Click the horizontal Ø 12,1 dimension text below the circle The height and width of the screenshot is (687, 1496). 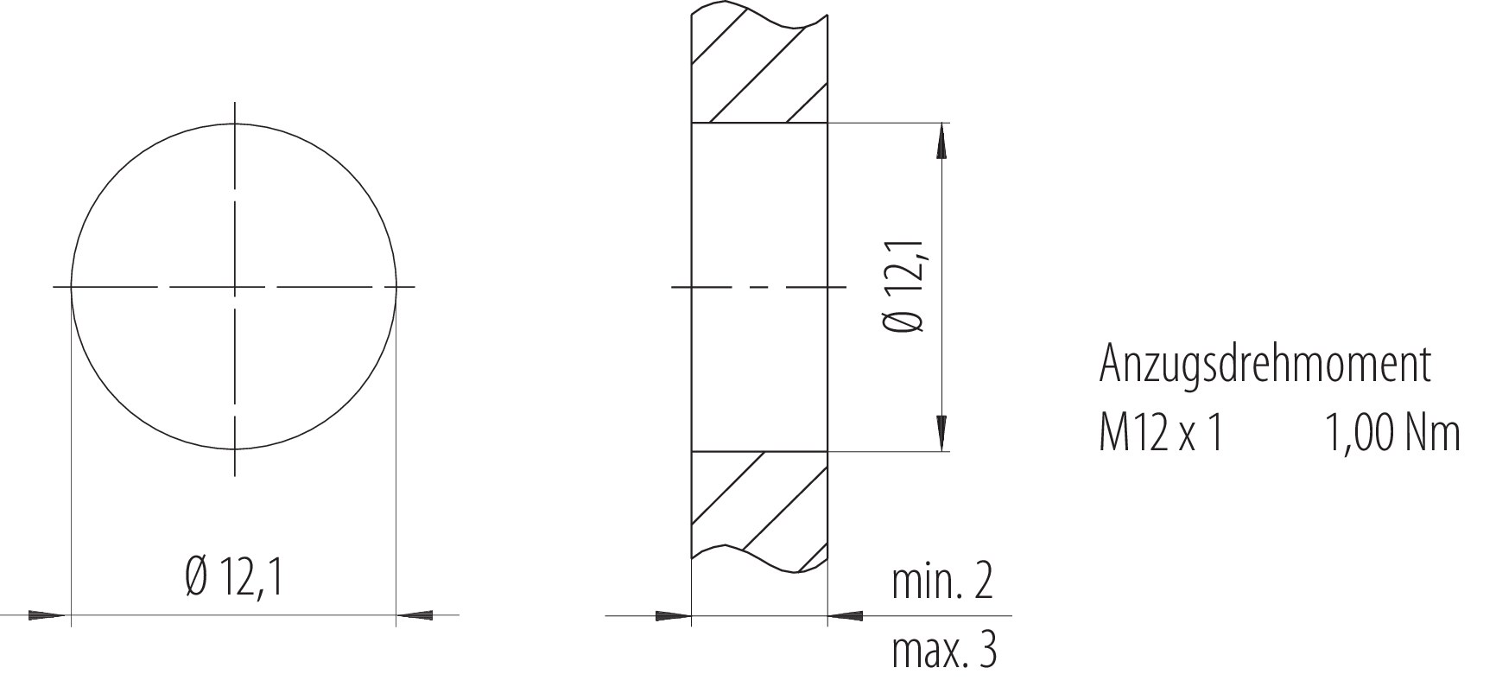click(x=234, y=577)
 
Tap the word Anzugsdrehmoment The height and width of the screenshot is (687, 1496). click(x=1265, y=366)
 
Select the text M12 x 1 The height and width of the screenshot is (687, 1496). click(x=1160, y=434)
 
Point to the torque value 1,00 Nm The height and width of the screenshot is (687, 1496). click(x=1391, y=434)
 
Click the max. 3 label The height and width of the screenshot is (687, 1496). click(x=943, y=652)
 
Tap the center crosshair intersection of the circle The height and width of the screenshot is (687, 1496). click(x=235, y=286)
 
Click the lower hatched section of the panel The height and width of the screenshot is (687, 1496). click(x=759, y=506)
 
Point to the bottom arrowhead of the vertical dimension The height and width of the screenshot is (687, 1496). click(x=941, y=432)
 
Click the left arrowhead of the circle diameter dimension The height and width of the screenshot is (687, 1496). click(x=48, y=615)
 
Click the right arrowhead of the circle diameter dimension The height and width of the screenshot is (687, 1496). click(x=417, y=615)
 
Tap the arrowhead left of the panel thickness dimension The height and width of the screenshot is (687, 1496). click(x=673, y=616)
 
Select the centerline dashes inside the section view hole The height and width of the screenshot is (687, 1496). click(x=759, y=286)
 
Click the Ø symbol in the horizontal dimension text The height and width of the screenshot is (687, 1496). click(x=196, y=577)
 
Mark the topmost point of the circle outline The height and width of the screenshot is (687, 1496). click(x=235, y=123)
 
